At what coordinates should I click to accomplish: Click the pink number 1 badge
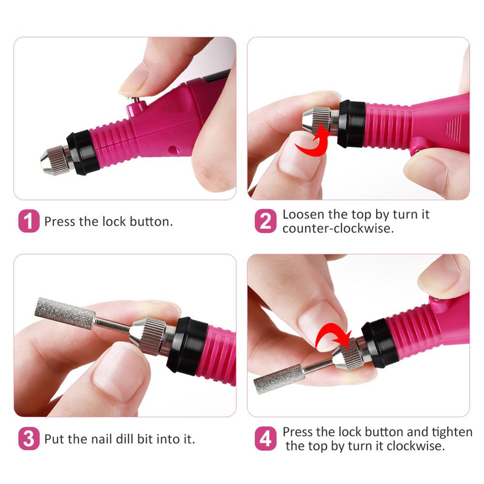pyautogui.click(x=29, y=221)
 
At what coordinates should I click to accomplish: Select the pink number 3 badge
pyautogui.click(x=29, y=439)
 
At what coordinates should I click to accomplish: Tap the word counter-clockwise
pyautogui.click(x=338, y=228)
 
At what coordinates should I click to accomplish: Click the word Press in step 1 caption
pyautogui.click(x=60, y=222)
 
